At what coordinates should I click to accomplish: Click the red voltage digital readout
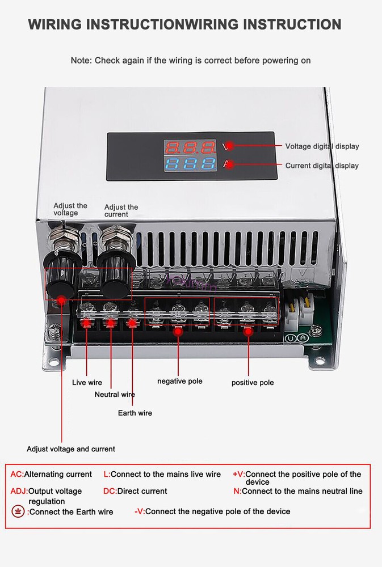(190, 148)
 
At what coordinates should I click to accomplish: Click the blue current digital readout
(190, 166)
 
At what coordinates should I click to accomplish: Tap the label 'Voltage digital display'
(322, 146)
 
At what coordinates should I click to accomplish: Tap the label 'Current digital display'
(322, 166)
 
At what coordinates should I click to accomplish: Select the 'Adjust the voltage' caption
(70, 209)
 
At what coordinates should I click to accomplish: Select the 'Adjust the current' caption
(121, 211)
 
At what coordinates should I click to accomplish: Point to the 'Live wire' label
(87, 383)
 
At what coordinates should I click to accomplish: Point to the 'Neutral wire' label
(115, 395)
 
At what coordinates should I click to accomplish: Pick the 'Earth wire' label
(135, 413)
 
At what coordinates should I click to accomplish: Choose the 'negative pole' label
(179, 381)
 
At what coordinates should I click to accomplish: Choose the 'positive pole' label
(253, 383)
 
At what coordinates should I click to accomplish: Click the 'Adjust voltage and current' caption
(71, 449)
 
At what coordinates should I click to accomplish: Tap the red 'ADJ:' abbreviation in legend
(19, 491)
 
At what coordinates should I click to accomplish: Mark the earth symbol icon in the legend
(18, 511)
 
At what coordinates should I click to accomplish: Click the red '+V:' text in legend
(238, 474)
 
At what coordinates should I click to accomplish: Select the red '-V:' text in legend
(140, 511)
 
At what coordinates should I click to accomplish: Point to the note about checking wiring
(191, 60)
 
